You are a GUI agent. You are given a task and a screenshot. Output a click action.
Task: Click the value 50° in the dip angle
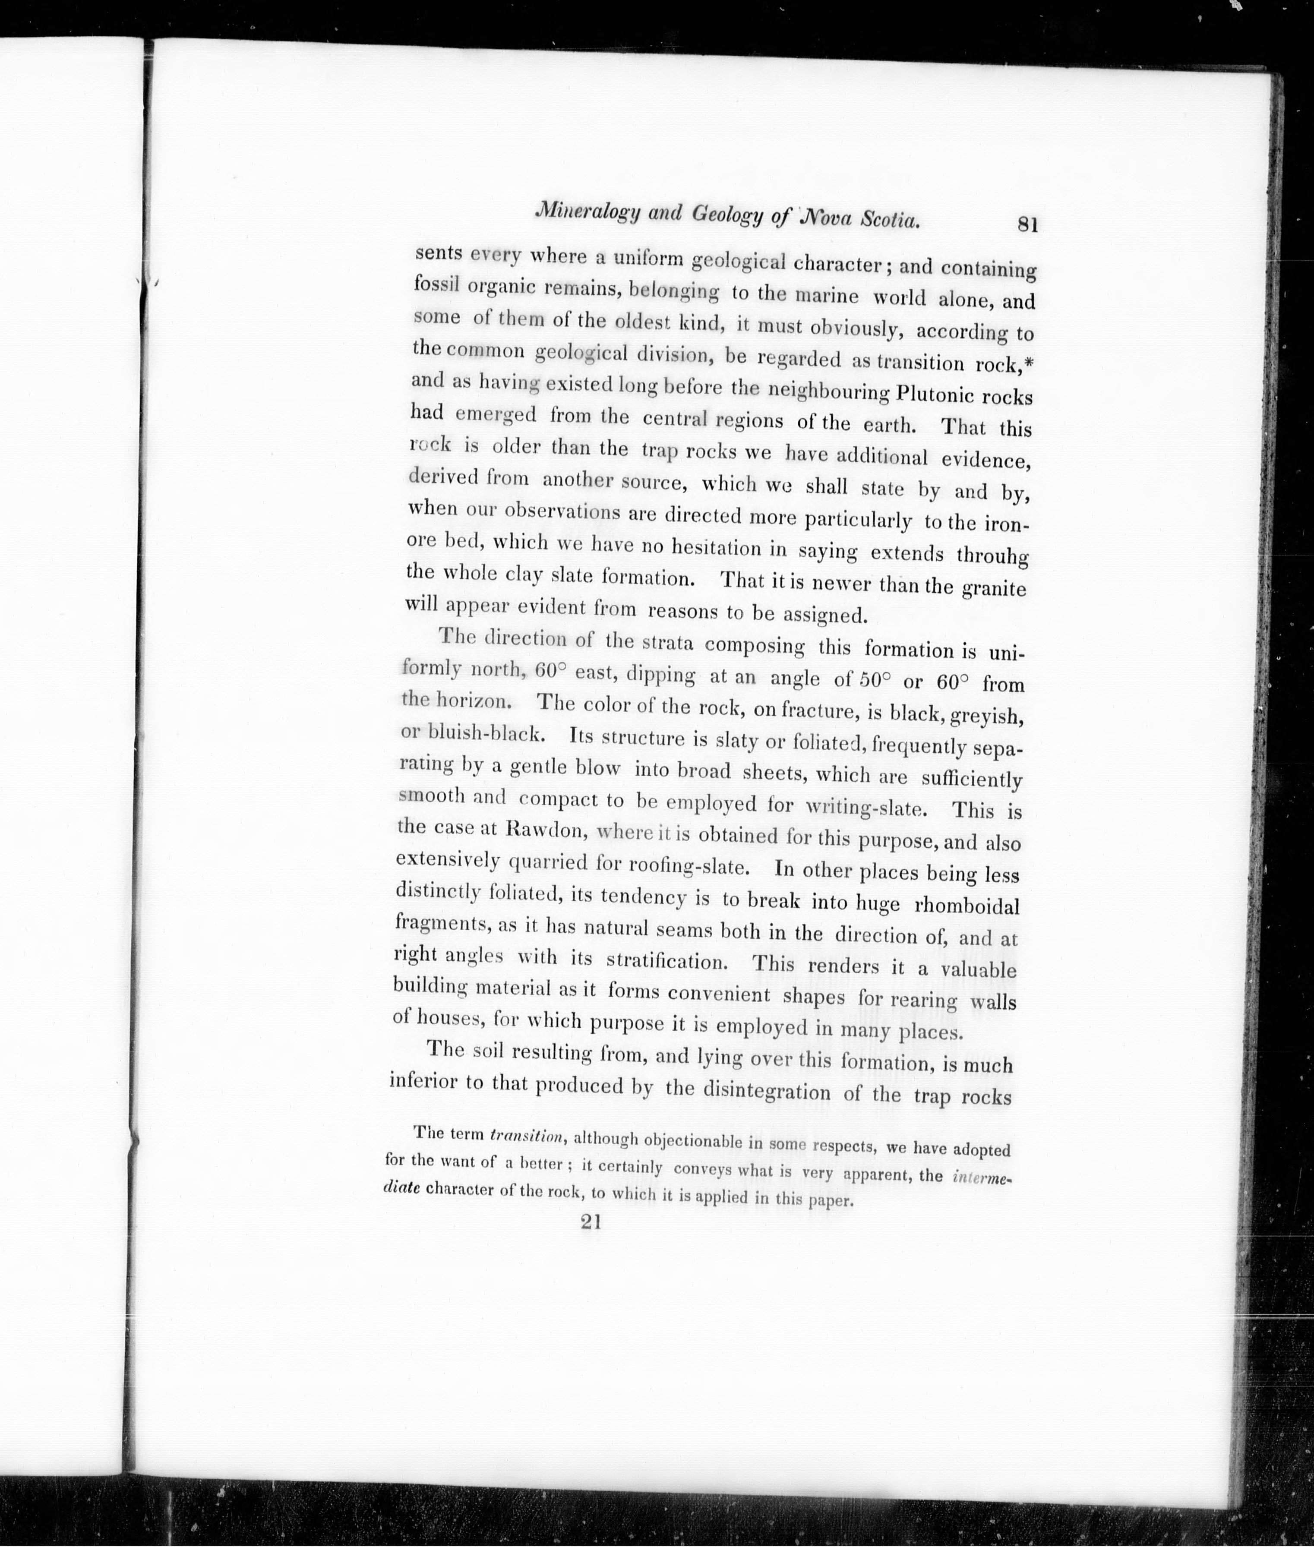[x=875, y=680]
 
